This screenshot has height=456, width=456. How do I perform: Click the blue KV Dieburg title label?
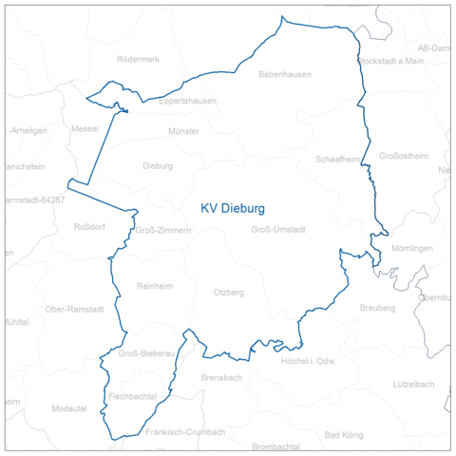(x=232, y=207)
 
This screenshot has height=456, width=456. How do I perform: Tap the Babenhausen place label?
(x=284, y=74)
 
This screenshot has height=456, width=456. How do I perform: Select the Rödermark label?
(x=138, y=59)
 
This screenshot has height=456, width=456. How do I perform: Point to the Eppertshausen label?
(x=187, y=101)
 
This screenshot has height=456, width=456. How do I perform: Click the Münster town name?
(x=183, y=131)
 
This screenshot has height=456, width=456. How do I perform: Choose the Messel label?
(x=85, y=128)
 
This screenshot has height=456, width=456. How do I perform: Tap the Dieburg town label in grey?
(x=158, y=165)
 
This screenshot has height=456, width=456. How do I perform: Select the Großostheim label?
(x=404, y=156)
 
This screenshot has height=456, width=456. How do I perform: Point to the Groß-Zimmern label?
(x=163, y=230)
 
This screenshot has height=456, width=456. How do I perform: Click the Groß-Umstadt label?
(x=278, y=230)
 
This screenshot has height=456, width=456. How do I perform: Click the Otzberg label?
(x=229, y=292)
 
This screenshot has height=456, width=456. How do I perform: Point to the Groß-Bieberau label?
(x=147, y=353)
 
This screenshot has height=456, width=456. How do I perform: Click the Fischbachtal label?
(x=132, y=394)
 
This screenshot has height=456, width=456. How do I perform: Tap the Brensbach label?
(x=221, y=377)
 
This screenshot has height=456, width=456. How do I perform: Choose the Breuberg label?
(x=377, y=308)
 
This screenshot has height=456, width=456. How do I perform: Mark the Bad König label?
(x=344, y=435)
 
